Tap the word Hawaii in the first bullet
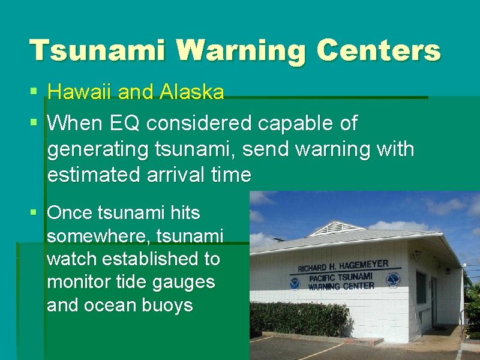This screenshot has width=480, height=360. [80, 92]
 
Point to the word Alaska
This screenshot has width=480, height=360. [192, 92]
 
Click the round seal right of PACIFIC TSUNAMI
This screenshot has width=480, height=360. [394, 280]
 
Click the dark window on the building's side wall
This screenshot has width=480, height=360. [421, 287]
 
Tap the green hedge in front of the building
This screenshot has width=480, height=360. [300, 318]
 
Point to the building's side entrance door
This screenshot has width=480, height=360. [434, 301]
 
